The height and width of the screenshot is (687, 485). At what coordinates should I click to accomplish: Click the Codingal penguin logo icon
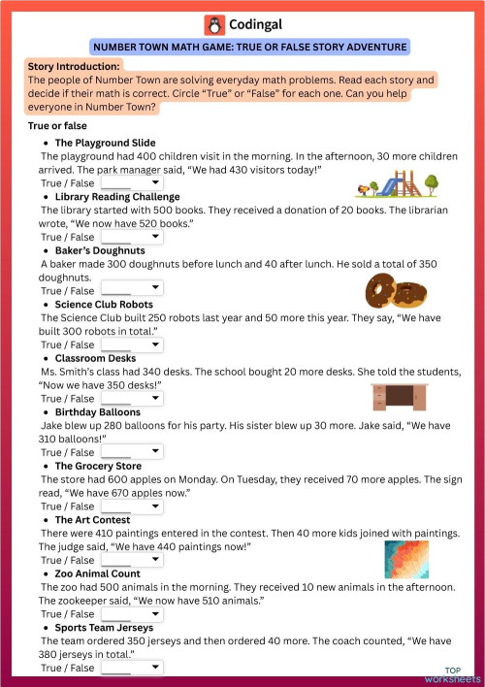coord(213,25)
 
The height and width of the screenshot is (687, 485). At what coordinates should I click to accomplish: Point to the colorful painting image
coord(406,559)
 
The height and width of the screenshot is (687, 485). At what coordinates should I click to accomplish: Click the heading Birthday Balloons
coord(100,412)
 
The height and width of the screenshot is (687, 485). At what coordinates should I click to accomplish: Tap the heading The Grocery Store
coord(98,467)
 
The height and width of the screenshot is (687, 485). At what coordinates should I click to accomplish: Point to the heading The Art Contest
coord(92,520)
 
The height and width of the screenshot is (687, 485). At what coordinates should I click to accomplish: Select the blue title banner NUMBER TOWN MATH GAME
coord(248,47)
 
